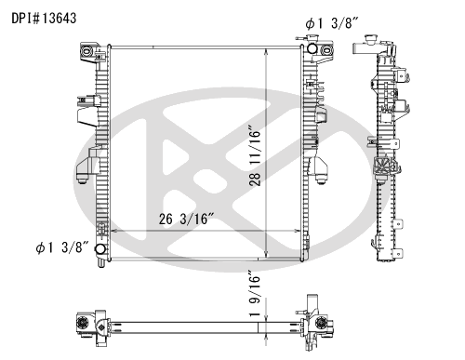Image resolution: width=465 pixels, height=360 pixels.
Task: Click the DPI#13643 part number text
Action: pos(44,19)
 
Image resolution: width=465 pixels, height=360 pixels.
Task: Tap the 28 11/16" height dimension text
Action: pos(255,155)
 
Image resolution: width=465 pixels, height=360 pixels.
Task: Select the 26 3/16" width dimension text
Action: pos(187,219)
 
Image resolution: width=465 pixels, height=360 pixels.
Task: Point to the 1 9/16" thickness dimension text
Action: pos(255,293)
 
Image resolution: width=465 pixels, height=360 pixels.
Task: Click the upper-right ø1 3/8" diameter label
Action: pos(332,23)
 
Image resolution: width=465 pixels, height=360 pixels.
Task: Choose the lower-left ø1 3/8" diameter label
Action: pos(62,247)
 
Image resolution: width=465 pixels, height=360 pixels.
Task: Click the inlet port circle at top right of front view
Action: pos(312,48)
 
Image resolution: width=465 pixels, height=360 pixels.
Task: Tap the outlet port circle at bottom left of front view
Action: pos(100,249)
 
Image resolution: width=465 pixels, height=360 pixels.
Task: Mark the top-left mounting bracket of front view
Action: pos(90,51)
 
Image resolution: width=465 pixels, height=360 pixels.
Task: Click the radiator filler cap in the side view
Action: pos(370,40)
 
